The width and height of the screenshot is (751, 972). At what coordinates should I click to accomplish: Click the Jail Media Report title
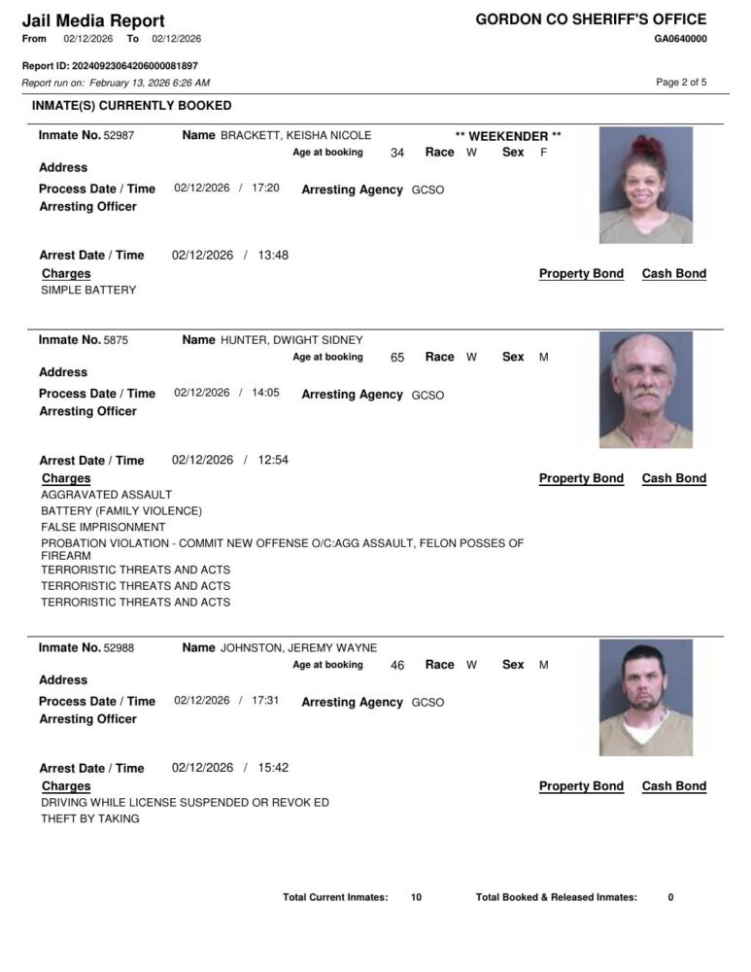(93, 20)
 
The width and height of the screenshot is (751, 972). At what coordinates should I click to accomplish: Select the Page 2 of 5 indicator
(681, 83)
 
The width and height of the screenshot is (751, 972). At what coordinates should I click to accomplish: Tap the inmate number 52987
(120, 136)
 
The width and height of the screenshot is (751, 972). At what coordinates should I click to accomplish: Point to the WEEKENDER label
(508, 136)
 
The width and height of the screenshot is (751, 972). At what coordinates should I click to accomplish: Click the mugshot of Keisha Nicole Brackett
(645, 185)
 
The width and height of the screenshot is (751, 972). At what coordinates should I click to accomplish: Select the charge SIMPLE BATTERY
(88, 291)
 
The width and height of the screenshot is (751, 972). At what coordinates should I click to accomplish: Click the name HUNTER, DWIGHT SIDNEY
(291, 341)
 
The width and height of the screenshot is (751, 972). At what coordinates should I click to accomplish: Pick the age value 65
(397, 358)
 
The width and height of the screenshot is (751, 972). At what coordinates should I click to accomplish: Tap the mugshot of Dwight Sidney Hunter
(645, 390)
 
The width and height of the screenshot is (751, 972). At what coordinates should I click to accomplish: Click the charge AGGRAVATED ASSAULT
(106, 495)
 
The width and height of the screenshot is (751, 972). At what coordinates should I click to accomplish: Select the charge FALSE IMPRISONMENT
(103, 528)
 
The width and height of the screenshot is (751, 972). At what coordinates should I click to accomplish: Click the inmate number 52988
(120, 648)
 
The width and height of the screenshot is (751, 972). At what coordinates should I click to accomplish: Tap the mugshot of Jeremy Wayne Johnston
(645, 697)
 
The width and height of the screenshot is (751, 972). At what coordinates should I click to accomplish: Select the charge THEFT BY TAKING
(90, 819)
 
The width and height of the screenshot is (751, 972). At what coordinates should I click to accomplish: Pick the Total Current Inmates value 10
(416, 898)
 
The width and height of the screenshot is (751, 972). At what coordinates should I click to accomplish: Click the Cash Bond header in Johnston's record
(673, 786)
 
